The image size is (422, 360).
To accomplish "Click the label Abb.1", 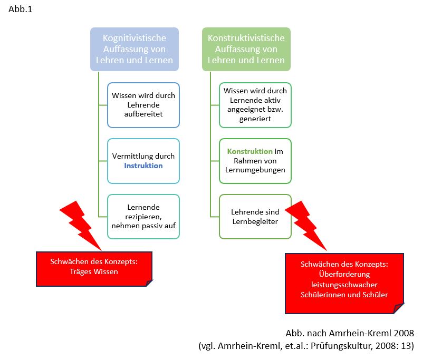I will (21, 9).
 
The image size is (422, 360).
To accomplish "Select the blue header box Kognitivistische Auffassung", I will (134, 49).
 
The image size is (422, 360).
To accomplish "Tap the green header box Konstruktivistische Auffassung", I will (246, 49).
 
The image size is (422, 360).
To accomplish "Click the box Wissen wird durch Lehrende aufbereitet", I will (143, 105).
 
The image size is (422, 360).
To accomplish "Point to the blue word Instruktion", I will (143, 166).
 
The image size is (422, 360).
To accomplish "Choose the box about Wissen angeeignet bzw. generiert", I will (255, 105).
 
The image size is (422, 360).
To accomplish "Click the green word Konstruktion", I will (250, 151).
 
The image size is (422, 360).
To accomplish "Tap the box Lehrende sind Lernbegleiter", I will (255, 217).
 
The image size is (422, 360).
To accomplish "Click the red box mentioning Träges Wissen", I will (94, 267).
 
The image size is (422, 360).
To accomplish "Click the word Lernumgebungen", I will (255, 170).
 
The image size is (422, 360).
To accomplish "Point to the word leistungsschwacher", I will (344, 285).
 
